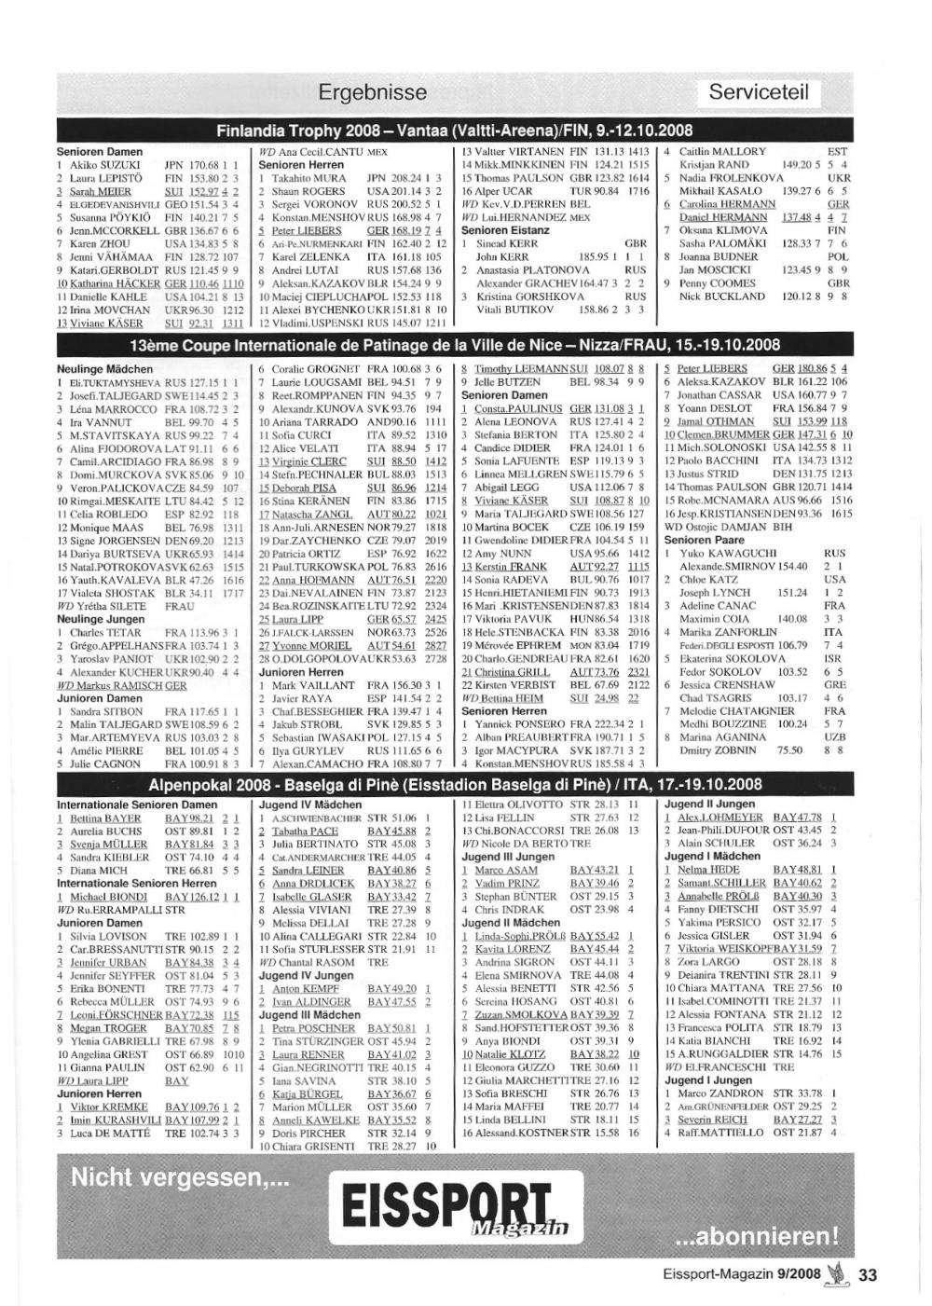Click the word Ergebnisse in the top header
pyautogui.click(x=372, y=92)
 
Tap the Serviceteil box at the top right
pyautogui.click(x=759, y=92)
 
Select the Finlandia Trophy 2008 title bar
pyautogui.click(x=455, y=130)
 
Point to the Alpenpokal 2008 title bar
pyautogui.click(x=455, y=784)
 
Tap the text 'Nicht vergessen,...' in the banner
pyautogui.click(x=180, y=1176)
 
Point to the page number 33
pyautogui.click(x=868, y=1275)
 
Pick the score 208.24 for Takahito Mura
pyautogui.click(x=404, y=178)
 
